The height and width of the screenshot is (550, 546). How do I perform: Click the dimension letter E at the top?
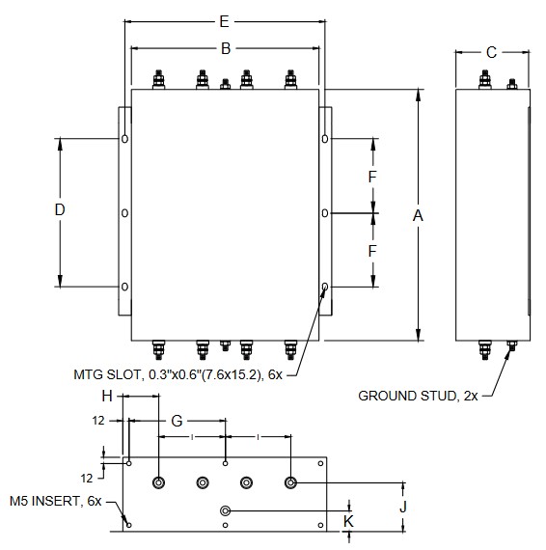pos(225,22)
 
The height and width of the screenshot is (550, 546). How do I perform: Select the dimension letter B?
pos(226,49)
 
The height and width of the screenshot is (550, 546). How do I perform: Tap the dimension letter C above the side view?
pos(491,53)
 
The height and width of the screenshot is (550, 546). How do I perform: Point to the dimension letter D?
pos(60,209)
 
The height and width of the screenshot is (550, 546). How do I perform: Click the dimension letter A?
pos(418,216)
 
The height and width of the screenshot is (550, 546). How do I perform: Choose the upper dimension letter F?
pos(372,177)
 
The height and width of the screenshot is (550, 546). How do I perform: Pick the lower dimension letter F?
pos(372,251)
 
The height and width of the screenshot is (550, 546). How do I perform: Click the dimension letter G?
pos(177,421)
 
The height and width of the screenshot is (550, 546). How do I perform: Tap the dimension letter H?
pos(107,397)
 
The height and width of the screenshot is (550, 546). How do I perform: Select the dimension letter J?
pos(403,507)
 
